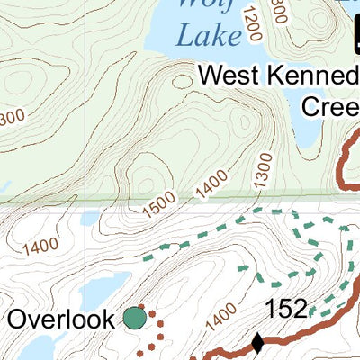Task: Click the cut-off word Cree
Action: (329, 106)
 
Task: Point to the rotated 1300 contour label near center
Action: (261, 171)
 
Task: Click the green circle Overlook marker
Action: (134, 318)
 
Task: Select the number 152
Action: (286, 310)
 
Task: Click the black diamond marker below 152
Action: (258, 343)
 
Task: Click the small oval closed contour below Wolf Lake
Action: (183, 81)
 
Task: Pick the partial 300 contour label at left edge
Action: (11, 117)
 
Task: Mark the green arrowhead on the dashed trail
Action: (242, 267)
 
